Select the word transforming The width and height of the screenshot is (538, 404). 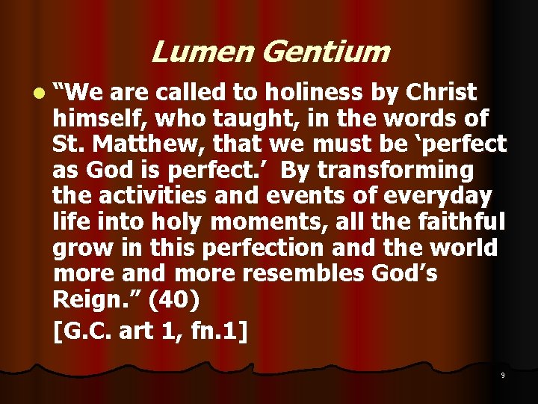tap(395, 170)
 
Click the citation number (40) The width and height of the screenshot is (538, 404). tap(174, 300)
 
